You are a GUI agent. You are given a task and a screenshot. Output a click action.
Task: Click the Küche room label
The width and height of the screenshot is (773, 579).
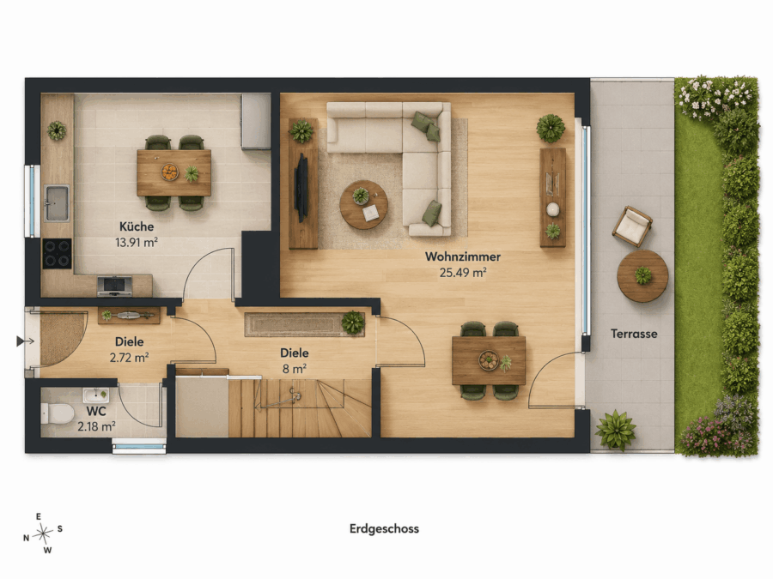137,226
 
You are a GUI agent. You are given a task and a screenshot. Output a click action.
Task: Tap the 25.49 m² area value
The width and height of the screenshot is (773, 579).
463,272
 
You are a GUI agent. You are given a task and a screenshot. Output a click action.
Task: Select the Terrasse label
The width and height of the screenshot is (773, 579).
634,334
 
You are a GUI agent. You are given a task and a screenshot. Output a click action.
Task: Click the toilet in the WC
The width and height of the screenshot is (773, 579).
57,413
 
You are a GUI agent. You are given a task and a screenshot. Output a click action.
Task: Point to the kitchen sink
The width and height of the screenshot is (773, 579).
57,202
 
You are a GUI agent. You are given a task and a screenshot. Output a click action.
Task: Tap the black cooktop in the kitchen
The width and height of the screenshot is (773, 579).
58,254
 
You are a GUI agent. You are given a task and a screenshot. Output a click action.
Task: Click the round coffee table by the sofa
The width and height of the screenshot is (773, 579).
364,204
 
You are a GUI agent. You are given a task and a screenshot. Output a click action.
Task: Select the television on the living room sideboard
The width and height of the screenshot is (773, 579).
301,188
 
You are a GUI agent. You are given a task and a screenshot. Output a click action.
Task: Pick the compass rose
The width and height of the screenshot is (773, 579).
44,533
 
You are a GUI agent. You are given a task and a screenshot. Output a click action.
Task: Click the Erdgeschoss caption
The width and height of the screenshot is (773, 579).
384,528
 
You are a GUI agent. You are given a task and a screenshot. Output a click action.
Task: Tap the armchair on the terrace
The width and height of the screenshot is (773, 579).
632,226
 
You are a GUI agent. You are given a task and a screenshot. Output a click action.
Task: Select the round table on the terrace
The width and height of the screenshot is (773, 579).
642,275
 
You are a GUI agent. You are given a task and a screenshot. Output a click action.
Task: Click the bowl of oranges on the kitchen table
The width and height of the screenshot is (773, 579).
169,172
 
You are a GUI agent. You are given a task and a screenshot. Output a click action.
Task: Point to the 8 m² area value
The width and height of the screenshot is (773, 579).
295,368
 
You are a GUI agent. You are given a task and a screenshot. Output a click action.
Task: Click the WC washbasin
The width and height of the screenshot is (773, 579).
95,395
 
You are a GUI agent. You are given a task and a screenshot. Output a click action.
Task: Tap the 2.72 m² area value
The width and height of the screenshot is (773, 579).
129,358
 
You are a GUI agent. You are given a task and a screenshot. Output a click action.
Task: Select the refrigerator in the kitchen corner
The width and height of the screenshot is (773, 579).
256,121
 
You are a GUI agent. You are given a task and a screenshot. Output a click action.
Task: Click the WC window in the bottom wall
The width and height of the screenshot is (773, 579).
139,447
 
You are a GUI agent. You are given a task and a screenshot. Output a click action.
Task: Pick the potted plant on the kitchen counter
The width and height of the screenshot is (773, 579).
57,130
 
